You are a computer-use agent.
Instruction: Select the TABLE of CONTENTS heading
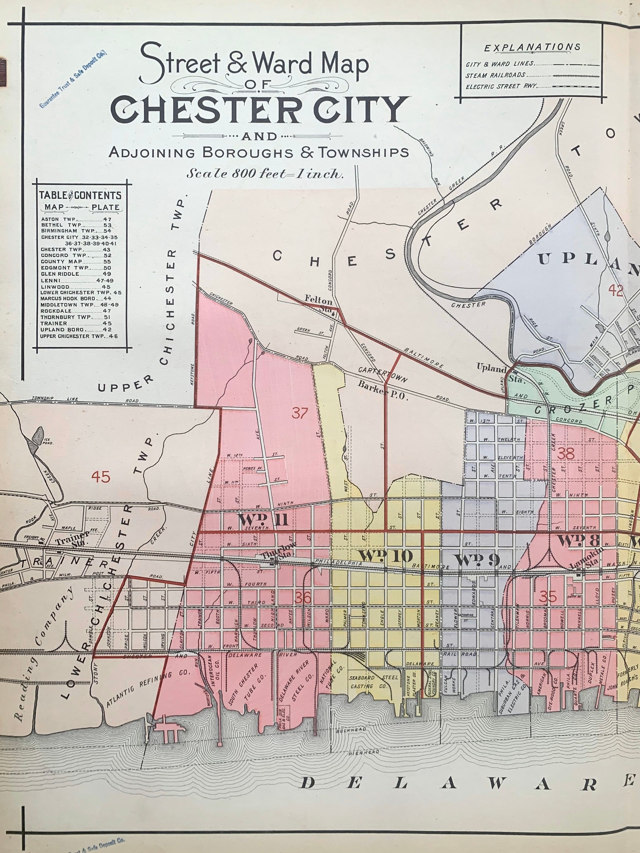click(x=80, y=195)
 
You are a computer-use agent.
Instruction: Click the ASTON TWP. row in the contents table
click(x=77, y=219)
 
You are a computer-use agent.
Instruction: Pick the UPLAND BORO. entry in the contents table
click(x=77, y=330)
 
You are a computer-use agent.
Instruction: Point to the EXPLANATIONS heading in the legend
click(x=532, y=48)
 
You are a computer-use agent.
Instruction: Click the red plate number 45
click(x=101, y=477)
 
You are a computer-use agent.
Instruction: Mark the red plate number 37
click(x=300, y=413)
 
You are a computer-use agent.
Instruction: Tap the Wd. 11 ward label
click(x=263, y=521)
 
